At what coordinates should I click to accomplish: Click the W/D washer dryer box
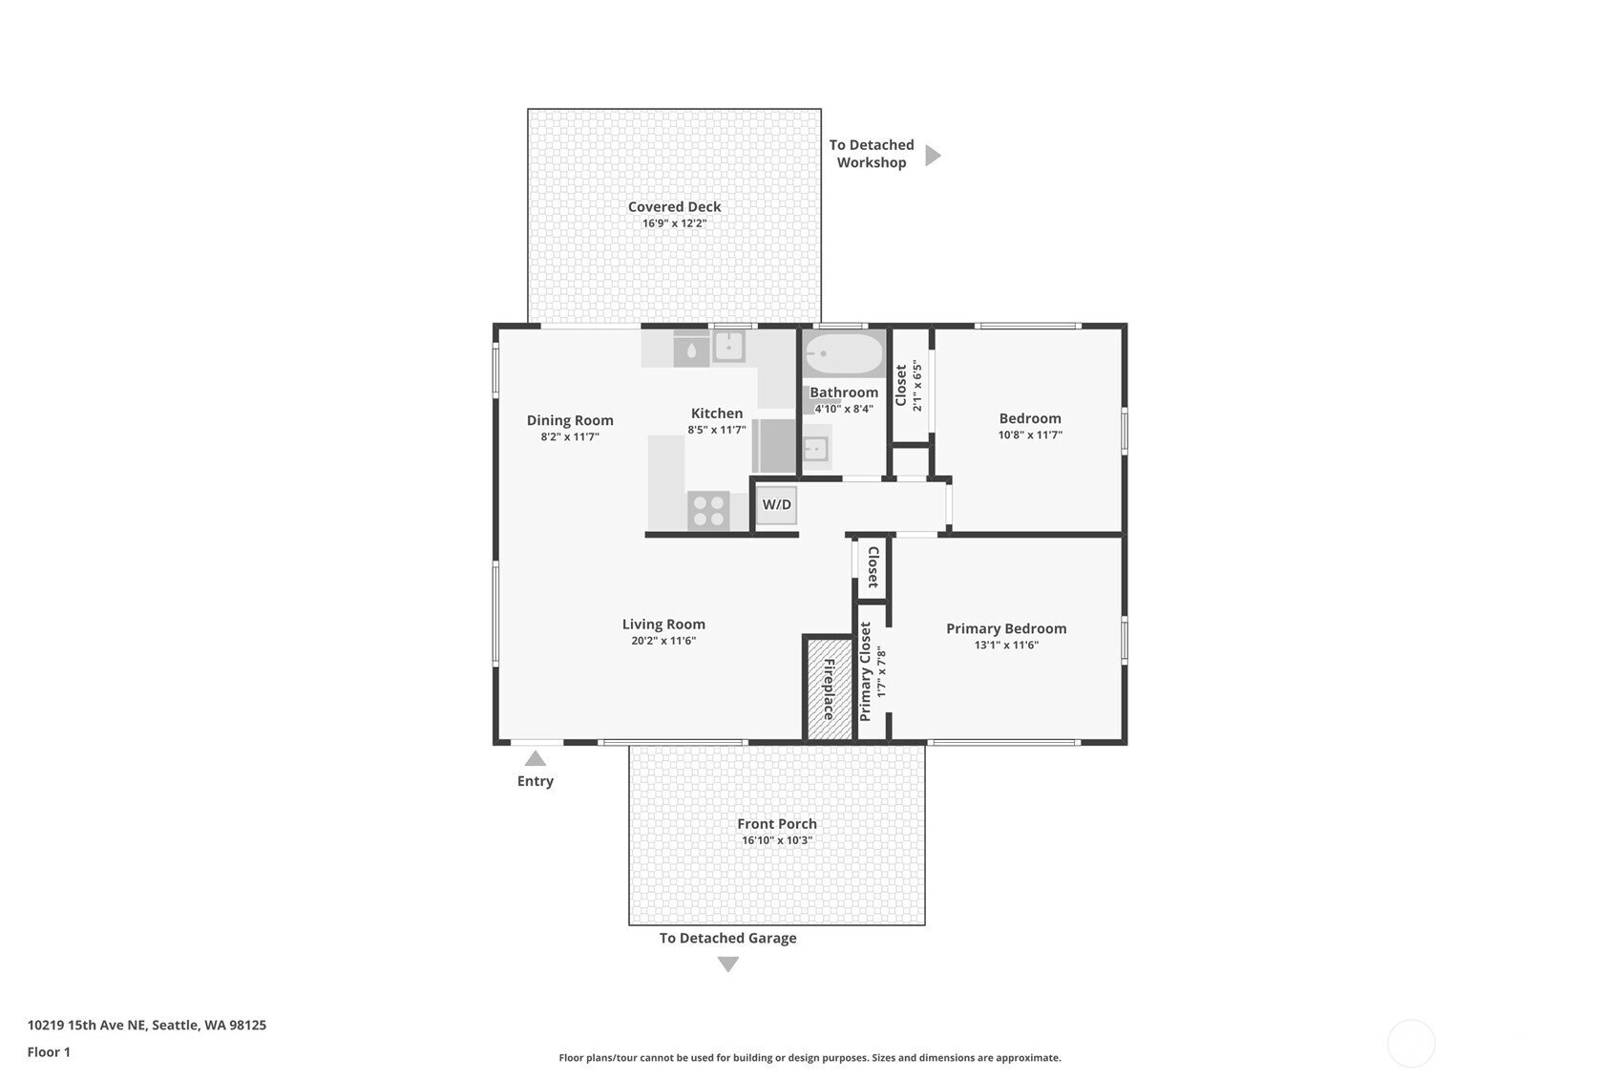click(x=776, y=504)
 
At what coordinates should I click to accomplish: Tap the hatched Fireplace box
click(x=829, y=688)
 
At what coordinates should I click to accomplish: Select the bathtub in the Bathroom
click(x=844, y=354)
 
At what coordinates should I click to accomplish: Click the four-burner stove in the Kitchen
click(x=708, y=511)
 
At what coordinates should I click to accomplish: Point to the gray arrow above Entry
click(x=536, y=758)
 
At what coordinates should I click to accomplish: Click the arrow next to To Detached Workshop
click(x=933, y=155)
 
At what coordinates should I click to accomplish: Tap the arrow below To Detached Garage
click(x=728, y=964)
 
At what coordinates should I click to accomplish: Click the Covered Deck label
click(x=674, y=206)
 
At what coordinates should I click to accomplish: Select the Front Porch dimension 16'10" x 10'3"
click(x=776, y=840)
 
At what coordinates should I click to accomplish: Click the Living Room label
click(x=663, y=624)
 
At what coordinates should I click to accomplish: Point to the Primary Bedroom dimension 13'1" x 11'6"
click(x=1006, y=645)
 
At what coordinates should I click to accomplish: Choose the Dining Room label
click(x=570, y=420)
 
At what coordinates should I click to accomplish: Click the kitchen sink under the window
click(x=729, y=346)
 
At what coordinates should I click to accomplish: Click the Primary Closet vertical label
click(x=865, y=671)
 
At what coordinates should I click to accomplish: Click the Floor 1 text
click(x=49, y=1051)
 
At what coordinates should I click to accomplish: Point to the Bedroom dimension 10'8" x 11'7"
click(x=1030, y=434)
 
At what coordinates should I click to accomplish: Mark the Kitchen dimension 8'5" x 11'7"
click(x=716, y=430)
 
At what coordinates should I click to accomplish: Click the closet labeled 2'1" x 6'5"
click(x=910, y=386)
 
